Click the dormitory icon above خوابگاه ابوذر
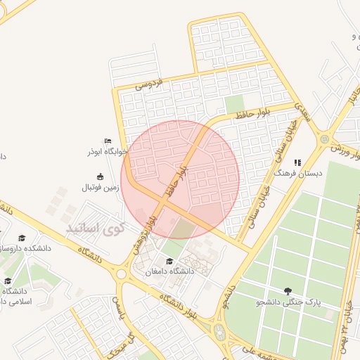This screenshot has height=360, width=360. pos(108,141)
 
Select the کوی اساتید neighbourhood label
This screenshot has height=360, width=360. pos(94,228)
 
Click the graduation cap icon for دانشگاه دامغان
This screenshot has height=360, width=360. pos(169,262)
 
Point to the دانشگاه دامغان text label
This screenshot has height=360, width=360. pos(169,271)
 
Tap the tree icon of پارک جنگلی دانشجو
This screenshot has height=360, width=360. pos(287,291)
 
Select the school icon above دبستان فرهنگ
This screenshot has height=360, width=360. pos(297,162)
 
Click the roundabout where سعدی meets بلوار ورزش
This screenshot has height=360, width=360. pos(324,139)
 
